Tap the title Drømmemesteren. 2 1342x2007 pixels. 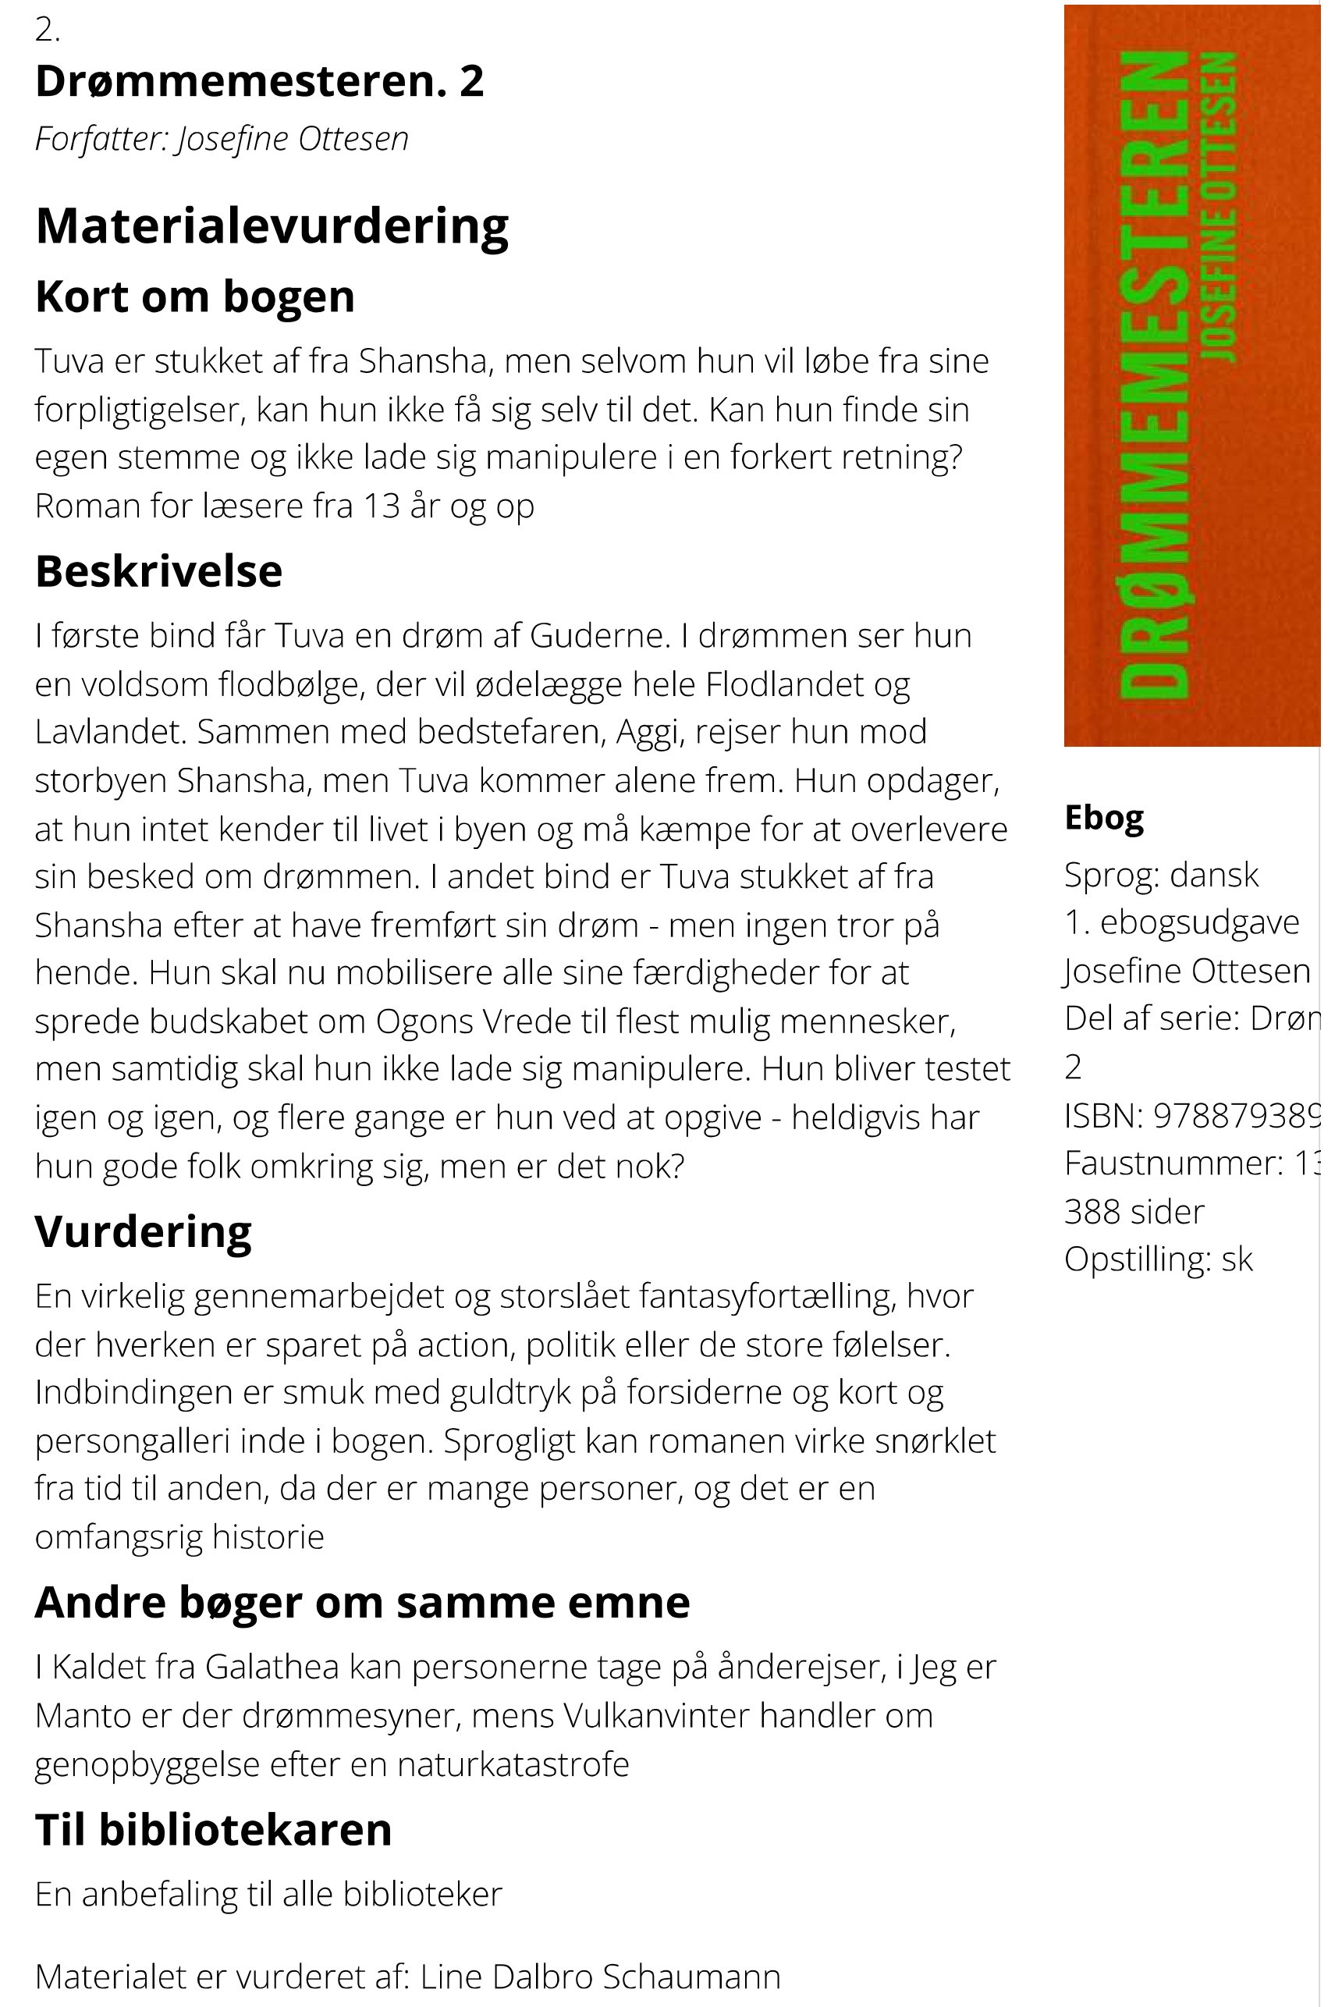(x=259, y=81)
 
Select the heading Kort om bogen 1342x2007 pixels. (x=194, y=297)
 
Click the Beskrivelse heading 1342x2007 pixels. (x=158, y=571)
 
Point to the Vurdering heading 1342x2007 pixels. (x=143, y=1231)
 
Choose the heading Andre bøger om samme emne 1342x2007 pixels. (x=362, y=1602)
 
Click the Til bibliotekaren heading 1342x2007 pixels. (x=213, y=1829)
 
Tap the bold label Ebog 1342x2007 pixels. (x=1103, y=819)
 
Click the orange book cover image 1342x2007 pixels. (x=1191, y=375)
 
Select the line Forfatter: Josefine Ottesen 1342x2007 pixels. (x=222, y=139)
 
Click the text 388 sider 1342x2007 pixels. (x=1134, y=1211)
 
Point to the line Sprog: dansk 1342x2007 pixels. (x=1162, y=875)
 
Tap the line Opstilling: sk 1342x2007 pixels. (x=1158, y=1259)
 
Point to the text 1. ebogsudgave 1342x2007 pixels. (x=1181, y=922)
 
